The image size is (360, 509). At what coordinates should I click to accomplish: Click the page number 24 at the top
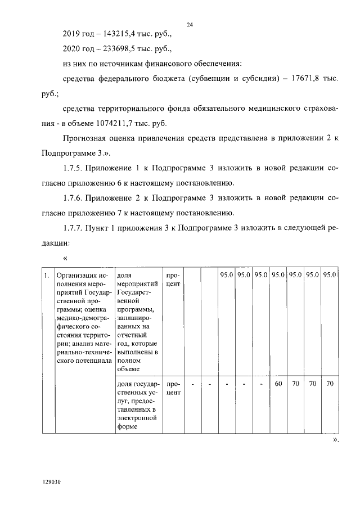[190, 24]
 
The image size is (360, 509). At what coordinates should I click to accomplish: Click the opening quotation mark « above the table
[66, 258]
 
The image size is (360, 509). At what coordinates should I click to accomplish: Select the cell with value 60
[277, 384]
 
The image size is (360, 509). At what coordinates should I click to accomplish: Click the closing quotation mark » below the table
[336, 440]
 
